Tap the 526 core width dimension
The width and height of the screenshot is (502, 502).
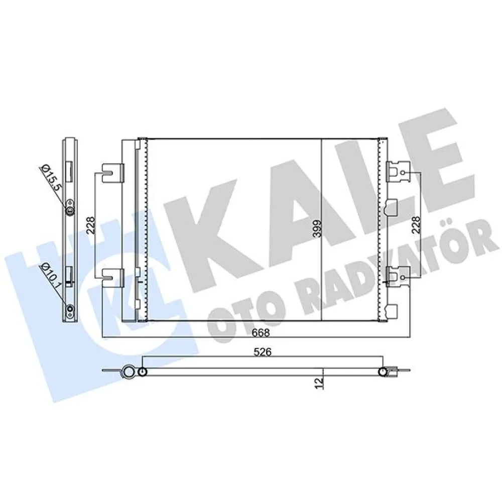[x=262, y=353]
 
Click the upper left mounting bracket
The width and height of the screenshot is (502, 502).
[x=112, y=173]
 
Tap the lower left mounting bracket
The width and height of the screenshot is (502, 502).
[x=112, y=277]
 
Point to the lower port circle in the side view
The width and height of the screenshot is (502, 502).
[x=70, y=309]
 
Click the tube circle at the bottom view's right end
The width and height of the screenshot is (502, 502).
[x=383, y=372]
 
